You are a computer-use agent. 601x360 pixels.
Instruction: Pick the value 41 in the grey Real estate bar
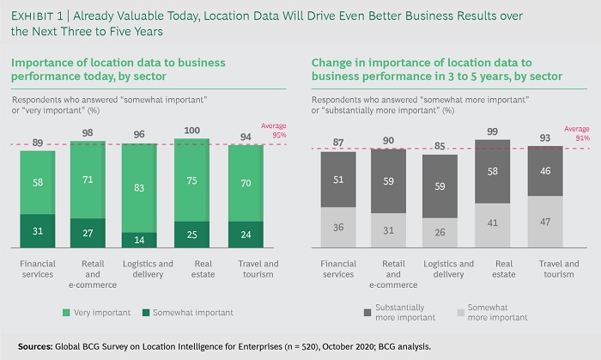pyautogui.click(x=494, y=223)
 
